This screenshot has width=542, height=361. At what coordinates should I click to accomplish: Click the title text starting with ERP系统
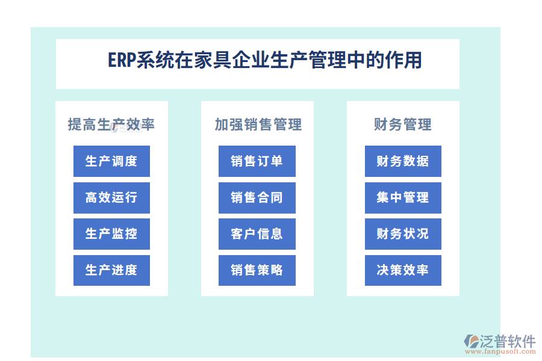[264, 61]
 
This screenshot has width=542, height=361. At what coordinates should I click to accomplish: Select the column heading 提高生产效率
[111, 125]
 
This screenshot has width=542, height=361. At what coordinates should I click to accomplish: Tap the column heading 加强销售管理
[258, 125]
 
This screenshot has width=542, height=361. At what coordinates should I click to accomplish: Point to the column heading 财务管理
[402, 125]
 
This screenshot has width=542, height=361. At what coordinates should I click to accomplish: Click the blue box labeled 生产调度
[111, 161]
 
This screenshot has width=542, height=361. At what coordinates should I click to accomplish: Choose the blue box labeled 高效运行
[111, 198]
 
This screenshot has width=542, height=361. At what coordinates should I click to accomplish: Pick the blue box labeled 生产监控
[111, 234]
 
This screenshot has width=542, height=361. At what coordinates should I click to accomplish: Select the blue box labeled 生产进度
[111, 270]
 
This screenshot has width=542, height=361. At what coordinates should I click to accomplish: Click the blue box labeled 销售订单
[257, 161]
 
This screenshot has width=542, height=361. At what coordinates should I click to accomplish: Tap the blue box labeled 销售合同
[257, 198]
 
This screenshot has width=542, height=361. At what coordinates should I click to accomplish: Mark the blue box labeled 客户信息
[257, 234]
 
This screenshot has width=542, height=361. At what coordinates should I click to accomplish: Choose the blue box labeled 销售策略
[257, 270]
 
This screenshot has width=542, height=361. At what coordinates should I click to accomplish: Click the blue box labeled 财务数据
[403, 161]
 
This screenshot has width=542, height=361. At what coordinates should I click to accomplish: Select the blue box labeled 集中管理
[403, 198]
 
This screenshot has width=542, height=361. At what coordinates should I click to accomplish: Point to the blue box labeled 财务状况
[403, 234]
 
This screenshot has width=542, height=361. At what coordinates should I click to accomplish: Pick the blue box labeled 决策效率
[403, 270]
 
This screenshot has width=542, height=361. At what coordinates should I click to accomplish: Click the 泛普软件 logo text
[508, 341]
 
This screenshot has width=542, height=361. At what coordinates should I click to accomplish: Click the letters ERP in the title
[122, 61]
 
